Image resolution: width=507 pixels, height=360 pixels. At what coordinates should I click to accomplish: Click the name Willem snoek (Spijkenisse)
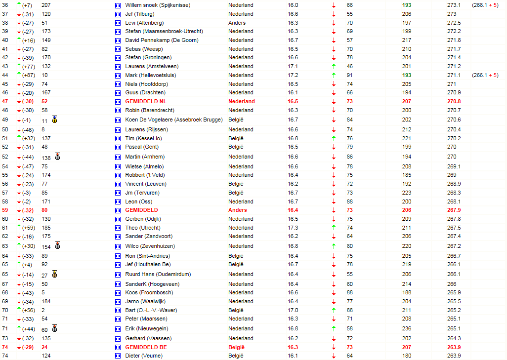click(158, 5)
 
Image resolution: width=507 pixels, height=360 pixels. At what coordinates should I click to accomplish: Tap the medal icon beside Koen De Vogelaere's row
click(54, 120)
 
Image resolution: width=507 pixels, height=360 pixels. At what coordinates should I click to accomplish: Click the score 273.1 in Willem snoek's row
click(454, 5)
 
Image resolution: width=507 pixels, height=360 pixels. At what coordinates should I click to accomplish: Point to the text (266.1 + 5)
click(485, 75)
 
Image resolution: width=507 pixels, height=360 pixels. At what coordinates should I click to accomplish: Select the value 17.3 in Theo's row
click(293, 228)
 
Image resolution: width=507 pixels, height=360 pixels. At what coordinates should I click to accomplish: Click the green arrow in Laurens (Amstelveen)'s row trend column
click(334, 66)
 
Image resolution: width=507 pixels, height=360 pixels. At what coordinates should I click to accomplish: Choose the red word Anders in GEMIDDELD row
click(237, 210)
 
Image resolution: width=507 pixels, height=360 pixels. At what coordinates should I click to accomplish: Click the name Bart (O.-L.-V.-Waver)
click(151, 310)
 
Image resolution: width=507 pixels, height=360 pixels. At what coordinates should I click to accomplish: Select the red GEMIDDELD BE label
click(146, 347)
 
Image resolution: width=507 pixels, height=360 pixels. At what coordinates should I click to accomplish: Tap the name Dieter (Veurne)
click(143, 356)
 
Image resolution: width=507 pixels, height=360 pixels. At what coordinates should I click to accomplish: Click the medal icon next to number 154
click(57, 245)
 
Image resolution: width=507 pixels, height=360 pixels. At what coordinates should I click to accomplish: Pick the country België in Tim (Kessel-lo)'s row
click(236, 138)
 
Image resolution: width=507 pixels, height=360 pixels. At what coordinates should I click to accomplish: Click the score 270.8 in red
click(454, 101)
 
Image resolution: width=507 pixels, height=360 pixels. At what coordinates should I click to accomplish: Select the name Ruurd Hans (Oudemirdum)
click(158, 274)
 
